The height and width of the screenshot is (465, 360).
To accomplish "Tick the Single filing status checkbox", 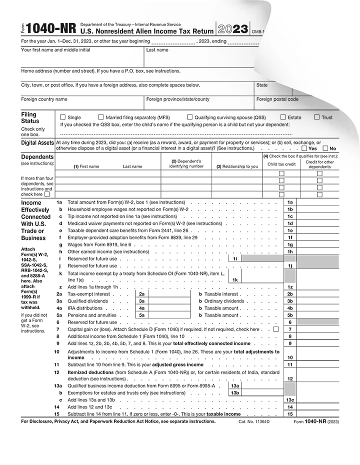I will click(63, 117).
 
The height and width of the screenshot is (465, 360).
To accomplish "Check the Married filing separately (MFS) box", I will click(101, 117).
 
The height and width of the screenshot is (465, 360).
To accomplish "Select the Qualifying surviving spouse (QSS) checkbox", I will click(183, 117).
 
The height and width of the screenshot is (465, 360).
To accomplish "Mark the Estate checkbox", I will click(283, 117).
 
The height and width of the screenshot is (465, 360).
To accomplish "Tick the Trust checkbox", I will click(317, 117).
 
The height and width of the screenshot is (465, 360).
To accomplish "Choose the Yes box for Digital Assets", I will click(304, 148).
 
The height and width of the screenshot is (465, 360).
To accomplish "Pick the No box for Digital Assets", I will click(325, 148).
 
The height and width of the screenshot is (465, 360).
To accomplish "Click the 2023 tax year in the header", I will click(232, 28).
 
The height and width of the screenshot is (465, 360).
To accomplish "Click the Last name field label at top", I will click(157, 50).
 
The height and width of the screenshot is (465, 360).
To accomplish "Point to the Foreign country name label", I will click(44, 99).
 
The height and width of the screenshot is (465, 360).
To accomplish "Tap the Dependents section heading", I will click(37, 157).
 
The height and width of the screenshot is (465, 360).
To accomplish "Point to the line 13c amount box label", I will click(290, 400).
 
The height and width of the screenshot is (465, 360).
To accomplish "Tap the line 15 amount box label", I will click(290, 414).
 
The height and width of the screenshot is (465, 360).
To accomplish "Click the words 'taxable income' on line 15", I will click(224, 414).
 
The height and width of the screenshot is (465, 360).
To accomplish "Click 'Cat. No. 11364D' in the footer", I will click(254, 422).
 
